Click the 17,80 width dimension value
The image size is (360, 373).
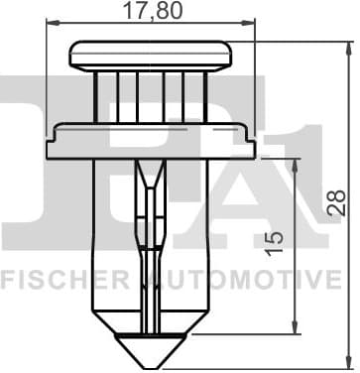point(150,13)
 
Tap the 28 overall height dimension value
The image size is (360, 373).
point(338,203)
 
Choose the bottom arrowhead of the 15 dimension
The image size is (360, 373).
point(296,334)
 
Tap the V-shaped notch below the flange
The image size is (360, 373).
point(149,179)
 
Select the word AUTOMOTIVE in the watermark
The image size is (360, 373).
point(248,282)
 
